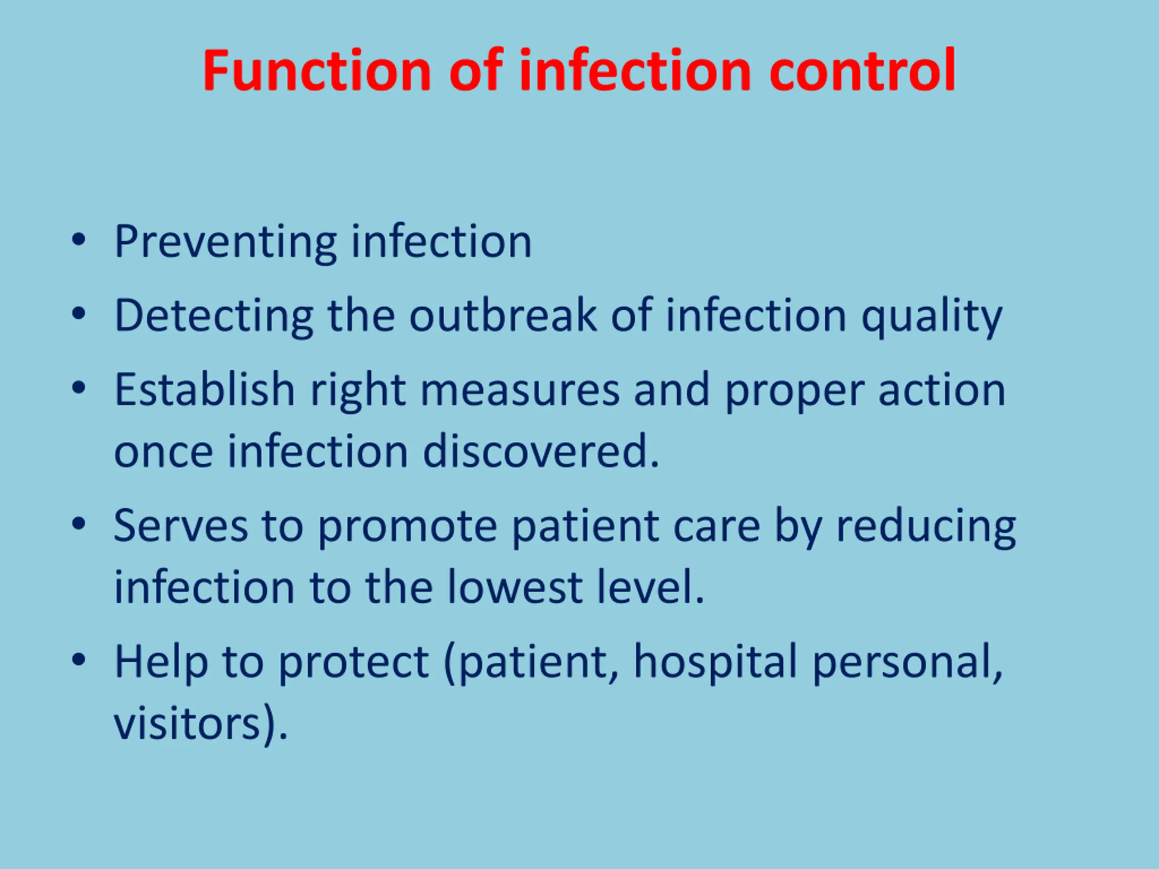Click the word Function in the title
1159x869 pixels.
(x=316, y=70)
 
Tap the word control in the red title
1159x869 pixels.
(x=862, y=70)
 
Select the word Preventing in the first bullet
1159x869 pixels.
(x=226, y=242)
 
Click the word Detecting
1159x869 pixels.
(x=214, y=316)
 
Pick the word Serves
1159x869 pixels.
(x=181, y=525)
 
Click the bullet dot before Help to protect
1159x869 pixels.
(x=79, y=660)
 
